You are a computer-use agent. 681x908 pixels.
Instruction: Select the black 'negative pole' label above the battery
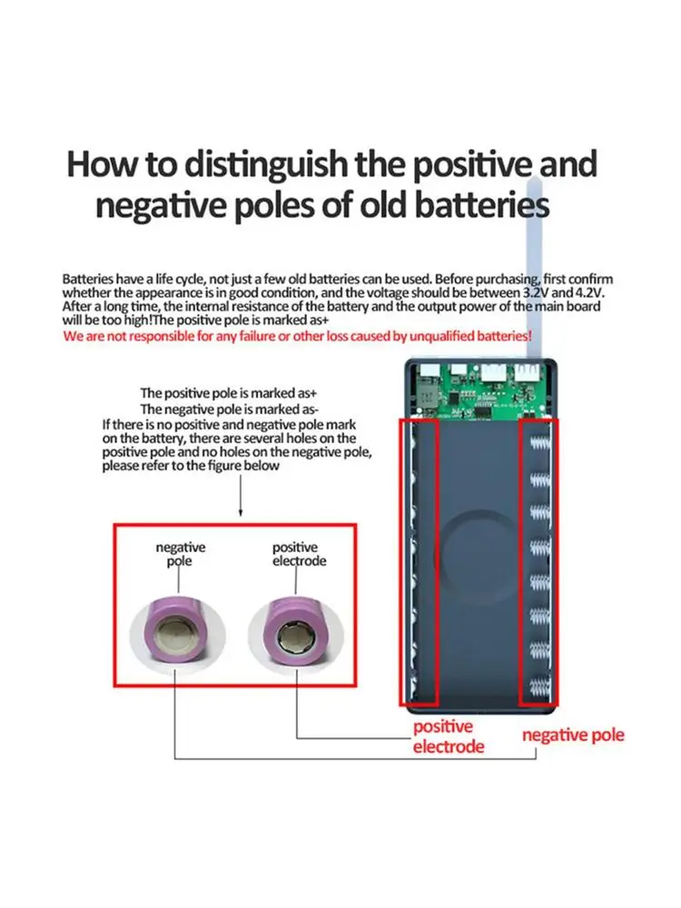pos(181,554)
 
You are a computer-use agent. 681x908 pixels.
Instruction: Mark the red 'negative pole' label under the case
pos(573,735)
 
